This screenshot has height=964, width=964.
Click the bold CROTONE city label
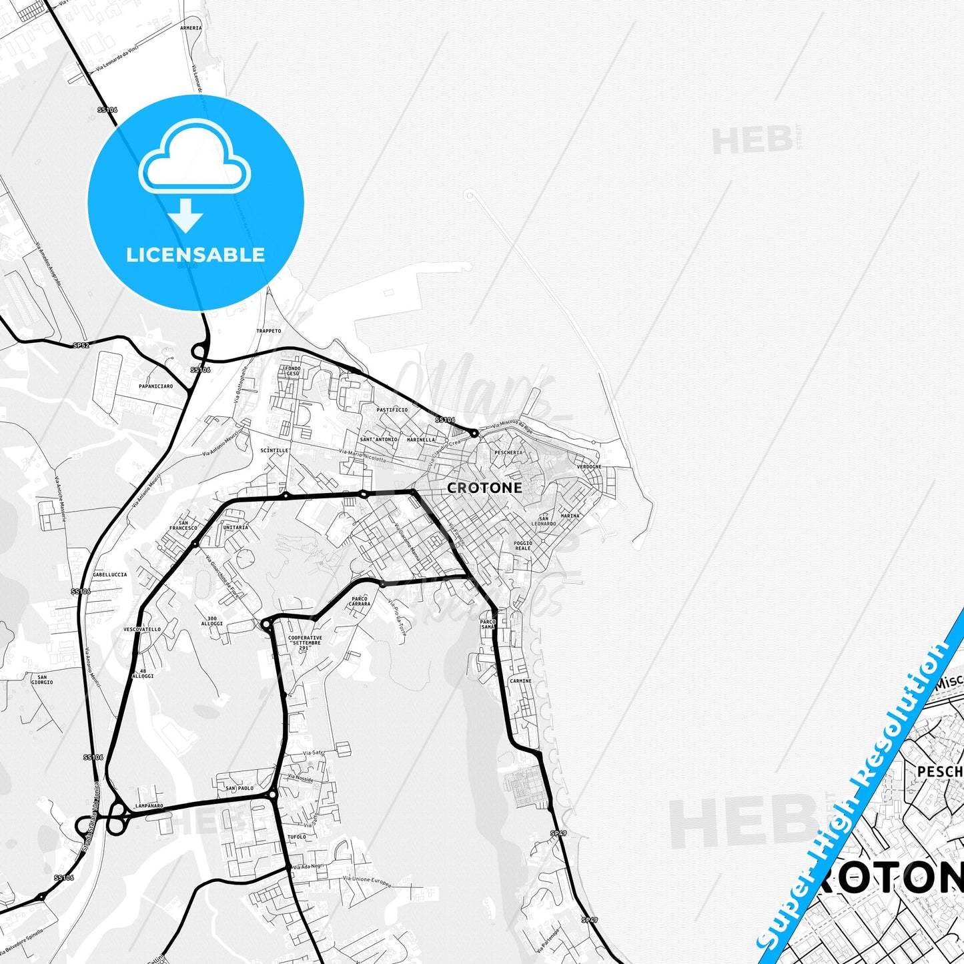tap(484, 488)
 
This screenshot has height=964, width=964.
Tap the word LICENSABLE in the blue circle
tap(195, 255)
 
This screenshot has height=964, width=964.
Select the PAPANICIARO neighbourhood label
tap(155, 386)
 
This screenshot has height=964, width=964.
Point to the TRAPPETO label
tap(269, 331)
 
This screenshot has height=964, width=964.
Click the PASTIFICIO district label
tap(392, 410)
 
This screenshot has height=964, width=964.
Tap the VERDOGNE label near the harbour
tap(589, 467)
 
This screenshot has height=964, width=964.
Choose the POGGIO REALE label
tap(523, 546)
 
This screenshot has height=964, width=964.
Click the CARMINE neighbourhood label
tap(520, 681)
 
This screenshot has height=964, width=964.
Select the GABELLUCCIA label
tap(110, 574)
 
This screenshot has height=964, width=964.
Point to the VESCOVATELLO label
tap(142, 629)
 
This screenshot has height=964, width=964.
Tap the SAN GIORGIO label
tap(42, 680)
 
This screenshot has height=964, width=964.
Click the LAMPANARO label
tap(149, 806)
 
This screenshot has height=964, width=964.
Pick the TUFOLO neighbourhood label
tap(296, 837)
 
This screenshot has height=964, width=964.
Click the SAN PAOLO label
tap(239, 789)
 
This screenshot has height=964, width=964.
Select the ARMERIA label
tap(191, 28)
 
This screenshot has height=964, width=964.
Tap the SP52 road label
tap(81, 345)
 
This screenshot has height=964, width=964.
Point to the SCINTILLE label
tap(274, 450)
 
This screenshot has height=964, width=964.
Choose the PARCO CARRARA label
tap(360, 601)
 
